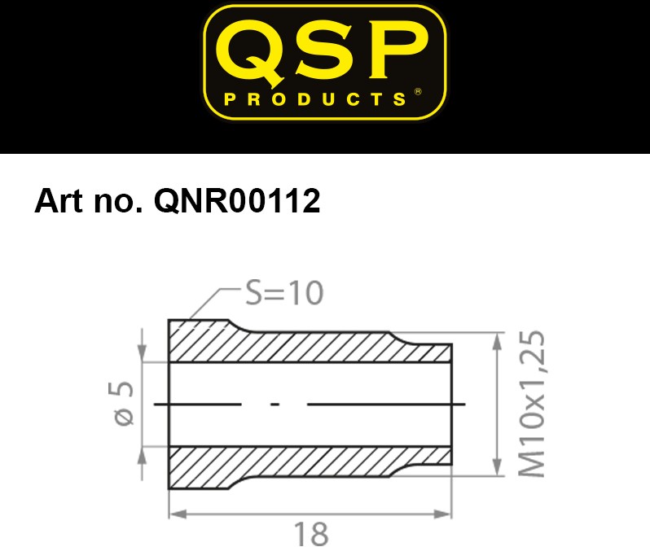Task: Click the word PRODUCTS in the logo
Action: [x=315, y=99]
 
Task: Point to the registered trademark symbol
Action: [x=418, y=92]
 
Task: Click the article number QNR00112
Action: [x=237, y=201]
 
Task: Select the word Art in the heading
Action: [x=59, y=201]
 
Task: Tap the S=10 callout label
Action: [x=284, y=293]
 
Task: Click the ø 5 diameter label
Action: [x=121, y=403]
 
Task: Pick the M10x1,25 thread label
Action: [x=532, y=403]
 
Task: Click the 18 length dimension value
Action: [x=311, y=534]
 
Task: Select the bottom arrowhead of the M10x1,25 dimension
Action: [x=498, y=467]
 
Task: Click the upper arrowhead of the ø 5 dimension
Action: [x=143, y=353]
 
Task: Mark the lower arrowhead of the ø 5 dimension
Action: [x=143, y=456]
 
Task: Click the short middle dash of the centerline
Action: [x=274, y=404]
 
